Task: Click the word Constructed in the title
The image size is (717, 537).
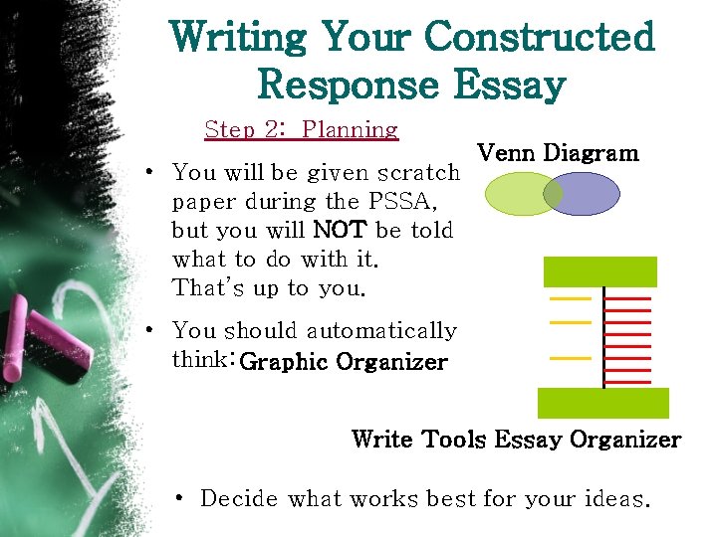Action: (539, 38)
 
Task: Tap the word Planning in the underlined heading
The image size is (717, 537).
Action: (350, 129)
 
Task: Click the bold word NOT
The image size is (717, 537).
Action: (341, 230)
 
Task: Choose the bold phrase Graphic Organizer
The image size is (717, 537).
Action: (344, 362)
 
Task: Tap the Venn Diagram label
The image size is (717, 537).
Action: (558, 153)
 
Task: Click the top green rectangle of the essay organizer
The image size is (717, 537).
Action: (599, 271)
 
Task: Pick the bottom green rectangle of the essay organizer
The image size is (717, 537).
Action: (602, 403)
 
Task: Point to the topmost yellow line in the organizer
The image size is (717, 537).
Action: (570, 298)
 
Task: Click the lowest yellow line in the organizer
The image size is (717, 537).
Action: (570, 357)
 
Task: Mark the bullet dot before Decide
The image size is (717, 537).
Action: (176, 498)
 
